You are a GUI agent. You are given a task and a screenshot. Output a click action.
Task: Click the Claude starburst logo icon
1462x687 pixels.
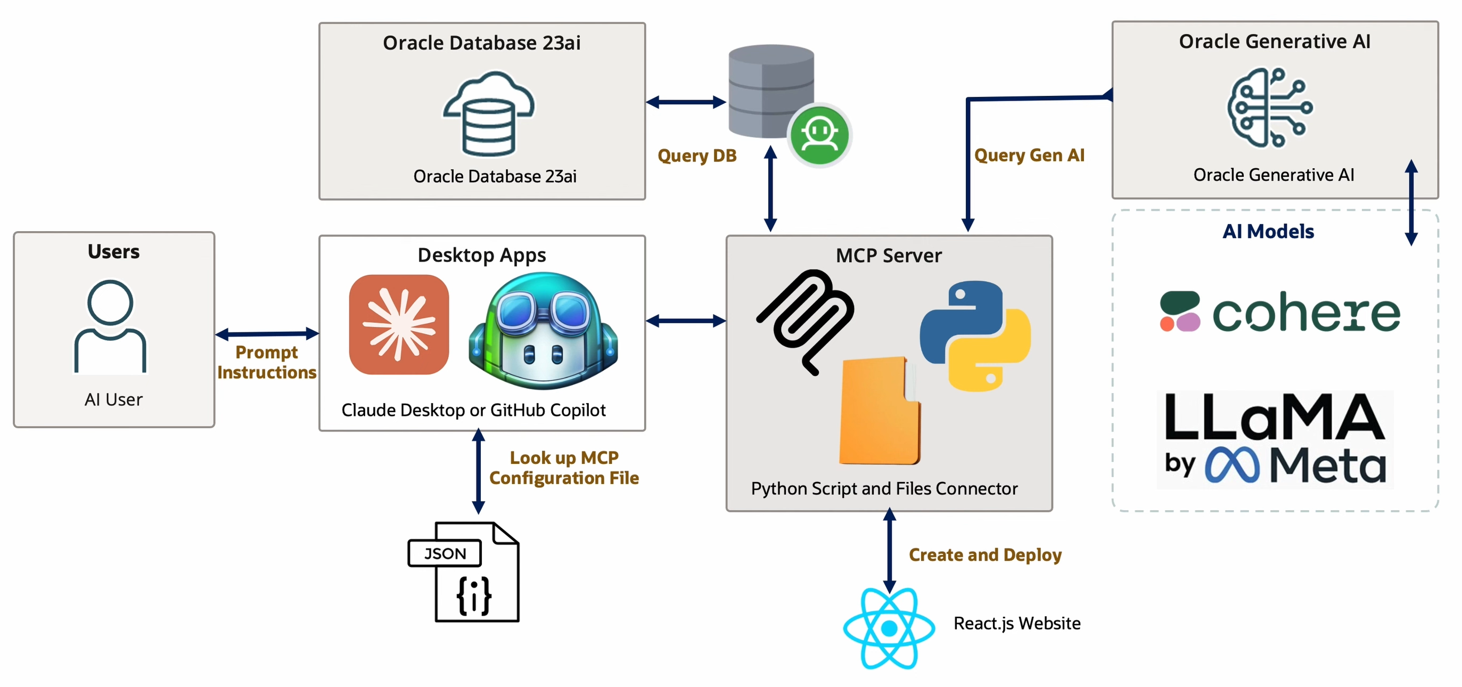(x=399, y=325)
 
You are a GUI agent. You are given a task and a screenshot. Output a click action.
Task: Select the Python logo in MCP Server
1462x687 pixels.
(x=975, y=336)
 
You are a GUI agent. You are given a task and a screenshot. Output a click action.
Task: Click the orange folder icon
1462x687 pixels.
(x=880, y=411)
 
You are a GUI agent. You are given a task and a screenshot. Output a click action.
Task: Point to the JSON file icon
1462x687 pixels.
(x=463, y=572)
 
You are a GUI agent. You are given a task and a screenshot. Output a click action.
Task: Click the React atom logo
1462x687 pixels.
(x=889, y=628)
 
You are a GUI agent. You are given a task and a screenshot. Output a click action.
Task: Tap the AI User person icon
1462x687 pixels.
(x=110, y=326)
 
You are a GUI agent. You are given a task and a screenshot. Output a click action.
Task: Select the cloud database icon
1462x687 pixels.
(x=489, y=113)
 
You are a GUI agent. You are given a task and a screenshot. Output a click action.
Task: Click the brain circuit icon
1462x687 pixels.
(x=1270, y=107)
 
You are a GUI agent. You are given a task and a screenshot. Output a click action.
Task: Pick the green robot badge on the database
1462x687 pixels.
(x=819, y=135)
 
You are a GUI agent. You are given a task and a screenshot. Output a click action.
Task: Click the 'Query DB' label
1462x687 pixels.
(x=697, y=156)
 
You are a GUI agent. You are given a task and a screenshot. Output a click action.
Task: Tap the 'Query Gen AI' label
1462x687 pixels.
(x=1029, y=155)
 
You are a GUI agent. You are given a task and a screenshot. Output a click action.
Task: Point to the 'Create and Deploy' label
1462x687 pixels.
(x=985, y=555)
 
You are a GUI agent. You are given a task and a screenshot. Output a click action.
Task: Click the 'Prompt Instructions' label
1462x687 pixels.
(x=267, y=362)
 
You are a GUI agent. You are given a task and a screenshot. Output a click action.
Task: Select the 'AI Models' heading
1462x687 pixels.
(x=1268, y=232)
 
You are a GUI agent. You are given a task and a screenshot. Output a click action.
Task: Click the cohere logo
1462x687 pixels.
(x=1280, y=312)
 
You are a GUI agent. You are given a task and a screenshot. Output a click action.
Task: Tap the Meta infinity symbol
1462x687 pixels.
(x=1232, y=465)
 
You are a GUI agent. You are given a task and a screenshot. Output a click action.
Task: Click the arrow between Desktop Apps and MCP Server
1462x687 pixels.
(x=686, y=321)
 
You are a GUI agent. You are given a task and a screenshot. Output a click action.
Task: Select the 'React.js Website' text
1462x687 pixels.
(x=1017, y=624)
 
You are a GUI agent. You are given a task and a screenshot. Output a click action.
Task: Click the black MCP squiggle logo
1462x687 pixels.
(x=805, y=322)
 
